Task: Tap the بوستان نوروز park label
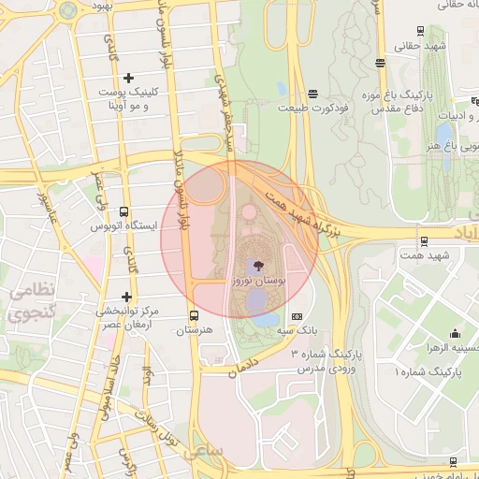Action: (x=259, y=280)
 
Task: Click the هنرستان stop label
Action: (x=195, y=330)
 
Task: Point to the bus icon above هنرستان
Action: (x=195, y=315)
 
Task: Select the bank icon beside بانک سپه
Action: (x=298, y=317)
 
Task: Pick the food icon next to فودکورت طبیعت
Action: (x=312, y=94)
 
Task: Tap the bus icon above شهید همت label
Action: (x=425, y=240)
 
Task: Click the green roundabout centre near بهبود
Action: (x=67, y=10)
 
